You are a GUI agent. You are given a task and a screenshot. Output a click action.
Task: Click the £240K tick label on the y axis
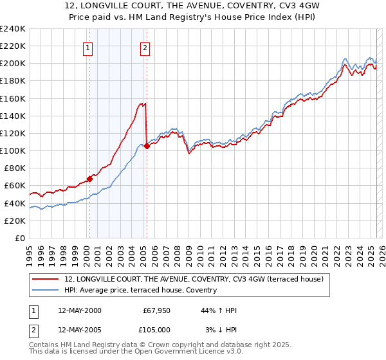pos(13,29)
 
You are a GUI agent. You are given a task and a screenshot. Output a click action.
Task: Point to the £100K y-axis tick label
pos(13,150)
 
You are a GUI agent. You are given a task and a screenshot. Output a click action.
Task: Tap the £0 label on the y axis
pos(20,238)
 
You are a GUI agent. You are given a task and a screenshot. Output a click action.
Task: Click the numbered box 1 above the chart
pos(87,47)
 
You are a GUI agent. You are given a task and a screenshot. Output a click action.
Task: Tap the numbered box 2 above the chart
pos(145,47)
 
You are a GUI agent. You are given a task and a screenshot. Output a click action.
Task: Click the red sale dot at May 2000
pos(90,179)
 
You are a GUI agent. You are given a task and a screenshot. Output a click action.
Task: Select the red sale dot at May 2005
pos(147,146)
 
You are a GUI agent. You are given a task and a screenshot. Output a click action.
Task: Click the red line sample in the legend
pos(46,279)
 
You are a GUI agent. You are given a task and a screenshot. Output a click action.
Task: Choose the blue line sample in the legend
pos(46,290)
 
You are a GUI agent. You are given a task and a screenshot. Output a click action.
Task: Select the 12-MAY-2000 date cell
pos(79,310)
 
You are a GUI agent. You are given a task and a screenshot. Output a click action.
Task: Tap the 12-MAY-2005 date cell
pos(79,330)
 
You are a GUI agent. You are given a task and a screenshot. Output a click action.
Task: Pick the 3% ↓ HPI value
pos(221,330)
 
